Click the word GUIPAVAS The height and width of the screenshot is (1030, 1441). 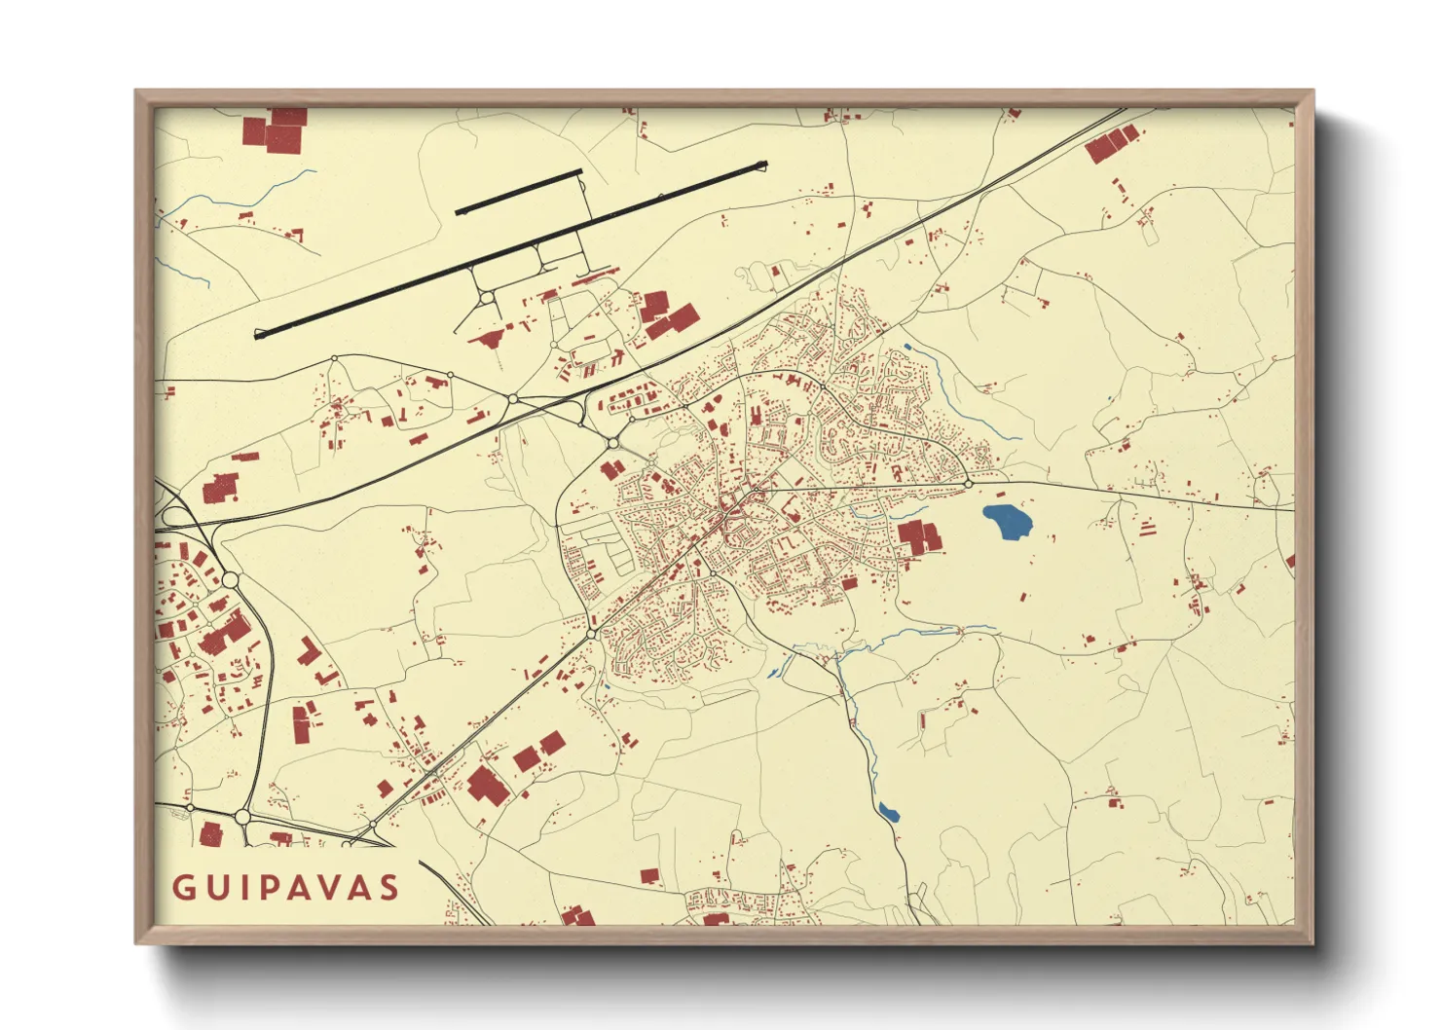[x=285, y=888]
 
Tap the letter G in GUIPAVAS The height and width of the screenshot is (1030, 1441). [x=182, y=888]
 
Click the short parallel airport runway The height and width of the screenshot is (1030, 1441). [x=518, y=192]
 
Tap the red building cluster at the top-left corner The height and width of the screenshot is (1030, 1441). [x=276, y=129]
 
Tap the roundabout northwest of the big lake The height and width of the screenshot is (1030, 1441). [x=969, y=483]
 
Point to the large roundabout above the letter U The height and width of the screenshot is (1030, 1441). [x=242, y=817]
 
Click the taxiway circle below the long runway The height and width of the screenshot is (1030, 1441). [x=484, y=297]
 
